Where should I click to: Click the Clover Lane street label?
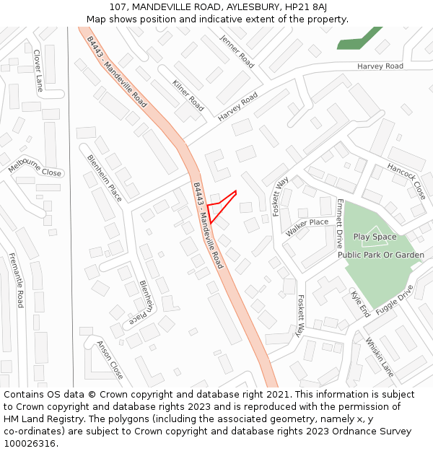38,70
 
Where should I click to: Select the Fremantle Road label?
16,280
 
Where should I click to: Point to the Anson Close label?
110,360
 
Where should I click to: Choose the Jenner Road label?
237,51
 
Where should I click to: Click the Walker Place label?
307,227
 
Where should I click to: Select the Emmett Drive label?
339,224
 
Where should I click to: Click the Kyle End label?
359,304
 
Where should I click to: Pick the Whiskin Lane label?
379,357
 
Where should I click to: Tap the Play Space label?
375,237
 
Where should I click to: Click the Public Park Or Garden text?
381,255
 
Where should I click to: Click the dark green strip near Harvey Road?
360,38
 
